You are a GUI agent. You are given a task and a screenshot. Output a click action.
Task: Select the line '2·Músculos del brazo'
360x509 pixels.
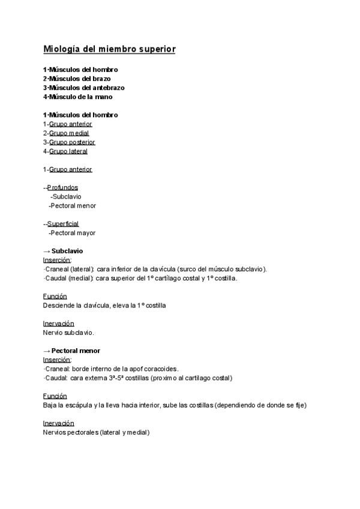pos(77,79)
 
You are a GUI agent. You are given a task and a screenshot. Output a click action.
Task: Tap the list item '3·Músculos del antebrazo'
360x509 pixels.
pos(84,88)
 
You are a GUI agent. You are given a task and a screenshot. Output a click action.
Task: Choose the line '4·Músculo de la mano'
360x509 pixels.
pos(78,97)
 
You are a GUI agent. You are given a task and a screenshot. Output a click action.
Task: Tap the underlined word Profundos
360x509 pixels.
pos(62,187)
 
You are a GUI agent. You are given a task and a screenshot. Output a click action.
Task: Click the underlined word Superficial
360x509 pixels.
pos(63,224)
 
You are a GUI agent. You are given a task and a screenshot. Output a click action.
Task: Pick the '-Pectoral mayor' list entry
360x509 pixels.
pos(72,233)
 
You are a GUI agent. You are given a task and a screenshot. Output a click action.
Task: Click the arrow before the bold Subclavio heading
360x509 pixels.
pos(46,251)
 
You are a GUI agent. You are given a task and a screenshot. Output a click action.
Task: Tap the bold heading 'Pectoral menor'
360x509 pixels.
pos(76,351)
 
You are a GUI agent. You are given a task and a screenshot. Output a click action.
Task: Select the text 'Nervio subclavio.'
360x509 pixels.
pos(68,332)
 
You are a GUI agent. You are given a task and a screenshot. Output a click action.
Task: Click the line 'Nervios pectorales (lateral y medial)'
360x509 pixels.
pos(96,432)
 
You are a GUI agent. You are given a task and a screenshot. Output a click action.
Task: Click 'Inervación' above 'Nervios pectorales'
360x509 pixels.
pos(58,423)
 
